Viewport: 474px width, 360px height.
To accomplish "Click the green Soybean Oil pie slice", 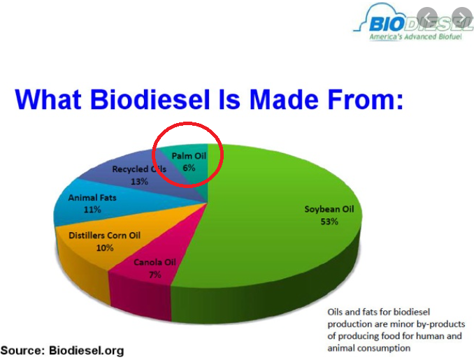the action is coord(272,230).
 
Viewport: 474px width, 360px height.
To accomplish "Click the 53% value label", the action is coord(329,222).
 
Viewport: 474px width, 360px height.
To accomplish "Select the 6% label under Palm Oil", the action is coord(189,168).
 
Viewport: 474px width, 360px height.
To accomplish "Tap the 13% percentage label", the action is coord(139,181).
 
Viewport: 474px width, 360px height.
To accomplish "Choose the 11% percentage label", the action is coord(92,210).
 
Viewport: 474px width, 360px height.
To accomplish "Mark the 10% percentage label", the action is coord(105,248).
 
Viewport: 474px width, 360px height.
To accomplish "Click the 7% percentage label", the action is coord(155,275).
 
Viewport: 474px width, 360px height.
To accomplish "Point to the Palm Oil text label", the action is coord(189,156).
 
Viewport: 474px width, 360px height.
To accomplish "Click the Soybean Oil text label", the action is coord(329,209).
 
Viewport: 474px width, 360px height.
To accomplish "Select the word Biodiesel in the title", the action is coord(150,99).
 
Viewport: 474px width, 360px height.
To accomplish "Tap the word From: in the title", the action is coord(365,99).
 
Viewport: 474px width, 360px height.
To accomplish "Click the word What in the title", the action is coord(48,99).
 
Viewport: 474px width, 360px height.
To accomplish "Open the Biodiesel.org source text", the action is coord(87,351).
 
